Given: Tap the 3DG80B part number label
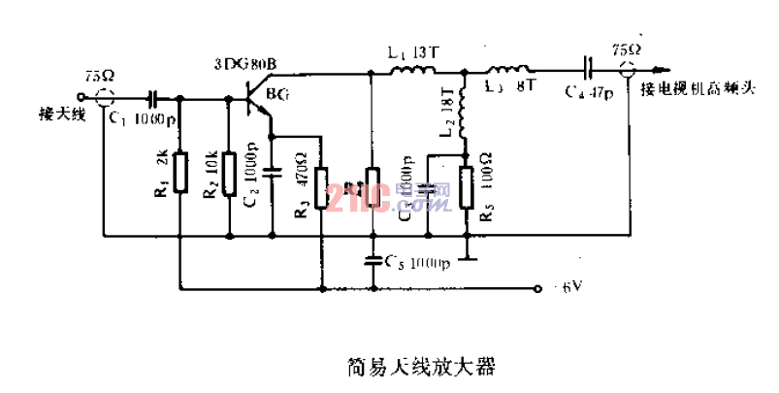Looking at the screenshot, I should pyautogui.click(x=245, y=65).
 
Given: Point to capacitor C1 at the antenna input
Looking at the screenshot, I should pyautogui.click(x=152, y=98).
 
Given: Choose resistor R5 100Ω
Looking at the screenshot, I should pyautogui.click(x=465, y=184).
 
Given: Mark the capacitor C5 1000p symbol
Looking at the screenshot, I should pyautogui.click(x=372, y=260).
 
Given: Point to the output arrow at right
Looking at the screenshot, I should pyautogui.click(x=659, y=71).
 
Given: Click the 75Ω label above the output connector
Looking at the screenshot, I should pyautogui.click(x=627, y=49).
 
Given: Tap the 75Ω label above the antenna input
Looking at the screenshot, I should pyautogui.click(x=98, y=74).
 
